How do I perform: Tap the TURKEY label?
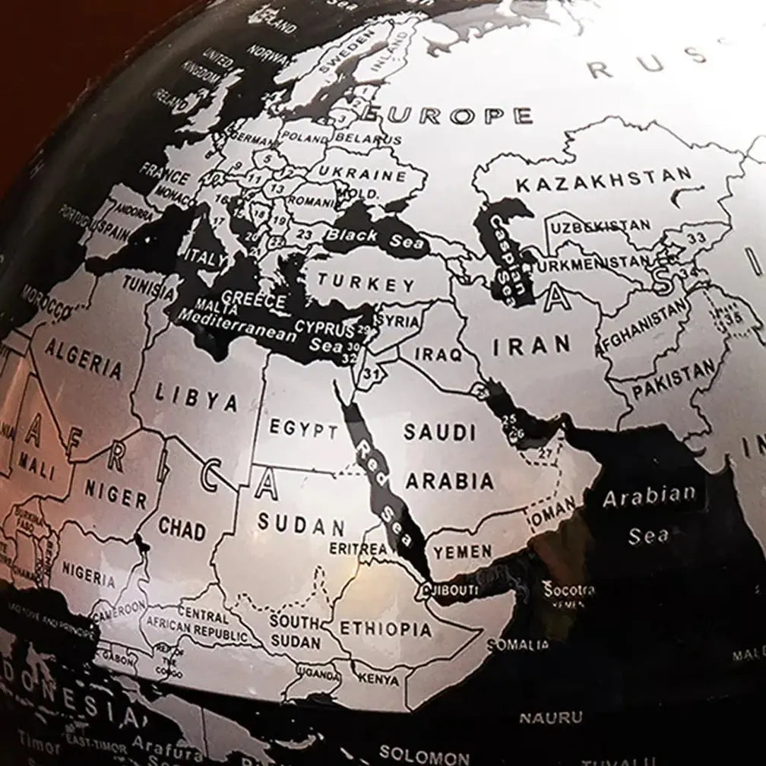[x=367, y=283]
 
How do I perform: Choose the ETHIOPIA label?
[x=385, y=628]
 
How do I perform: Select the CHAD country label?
[x=182, y=528]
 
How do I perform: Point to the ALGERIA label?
[x=84, y=359]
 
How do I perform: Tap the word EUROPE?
[x=448, y=115]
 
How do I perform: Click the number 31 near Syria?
[x=371, y=372]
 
